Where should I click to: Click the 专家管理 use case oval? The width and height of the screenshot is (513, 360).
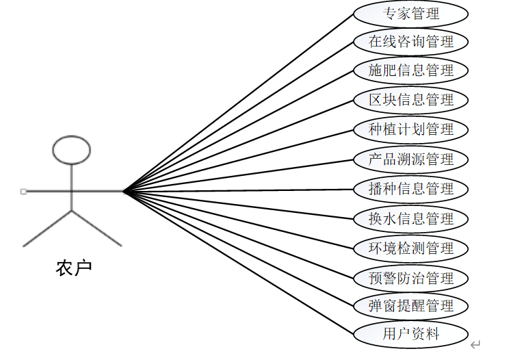click(410, 13)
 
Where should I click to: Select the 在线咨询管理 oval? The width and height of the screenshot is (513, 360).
click(410, 41)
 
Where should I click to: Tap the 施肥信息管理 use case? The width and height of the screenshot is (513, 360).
click(410, 70)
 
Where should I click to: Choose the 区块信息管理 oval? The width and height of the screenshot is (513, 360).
click(410, 99)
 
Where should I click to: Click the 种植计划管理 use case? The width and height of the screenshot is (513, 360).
click(410, 129)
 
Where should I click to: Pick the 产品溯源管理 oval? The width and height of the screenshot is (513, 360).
click(410, 159)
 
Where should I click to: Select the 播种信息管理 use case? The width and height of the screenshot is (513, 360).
click(410, 188)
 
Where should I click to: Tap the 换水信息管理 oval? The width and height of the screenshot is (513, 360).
click(410, 218)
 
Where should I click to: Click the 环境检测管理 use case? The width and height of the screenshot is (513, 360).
click(410, 248)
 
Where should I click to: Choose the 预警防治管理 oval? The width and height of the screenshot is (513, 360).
click(410, 278)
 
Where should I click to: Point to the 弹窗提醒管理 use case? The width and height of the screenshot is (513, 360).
click(410, 305)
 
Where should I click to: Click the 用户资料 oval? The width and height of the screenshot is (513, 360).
click(410, 334)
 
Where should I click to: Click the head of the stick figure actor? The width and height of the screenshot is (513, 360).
click(72, 151)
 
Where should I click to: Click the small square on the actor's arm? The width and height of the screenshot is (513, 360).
click(23, 192)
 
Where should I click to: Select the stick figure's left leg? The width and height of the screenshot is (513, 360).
click(48, 228)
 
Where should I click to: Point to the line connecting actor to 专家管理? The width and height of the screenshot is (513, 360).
click(239, 103)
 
